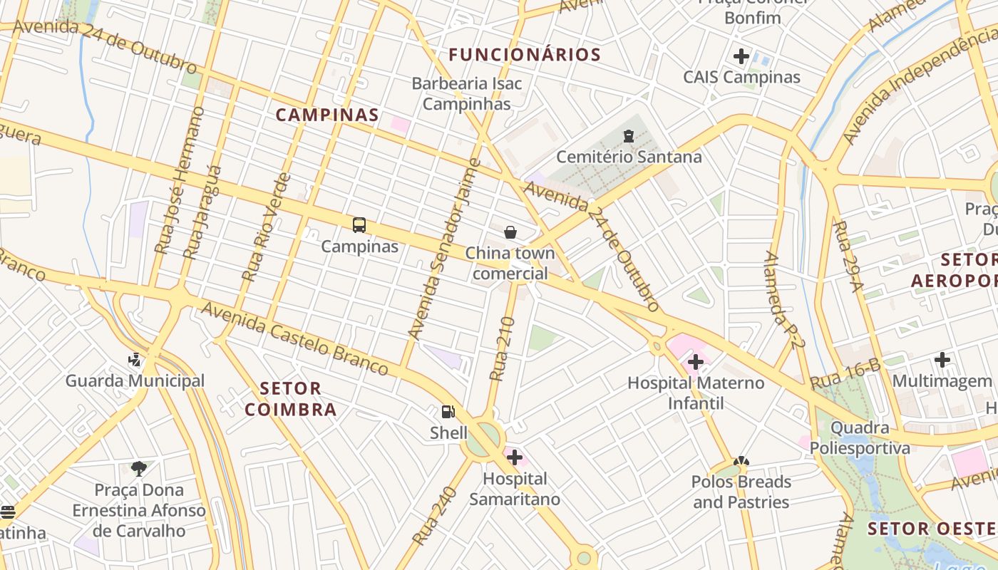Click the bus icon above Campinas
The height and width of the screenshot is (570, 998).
[359, 225]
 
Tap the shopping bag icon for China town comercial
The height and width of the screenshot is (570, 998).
[510, 232]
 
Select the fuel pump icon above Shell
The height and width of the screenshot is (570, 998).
[448, 412]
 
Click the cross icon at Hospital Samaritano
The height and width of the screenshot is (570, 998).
[514, 457]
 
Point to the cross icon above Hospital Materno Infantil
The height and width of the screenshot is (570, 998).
[695, 362]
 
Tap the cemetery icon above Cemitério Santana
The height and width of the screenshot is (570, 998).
[629, 135]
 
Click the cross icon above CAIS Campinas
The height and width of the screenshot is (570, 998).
[741, 56]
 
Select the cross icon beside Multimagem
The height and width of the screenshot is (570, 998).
[942, 360]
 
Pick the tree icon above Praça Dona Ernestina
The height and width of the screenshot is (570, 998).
[139, 468]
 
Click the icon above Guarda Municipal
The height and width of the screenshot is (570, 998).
[135, 360]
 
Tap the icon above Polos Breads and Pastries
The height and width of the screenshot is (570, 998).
[741, 462]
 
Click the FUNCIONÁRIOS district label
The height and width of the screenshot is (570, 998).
[525, 54]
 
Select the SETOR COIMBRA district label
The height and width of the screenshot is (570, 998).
[291, 399]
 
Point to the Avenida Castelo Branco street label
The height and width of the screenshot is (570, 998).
[294, 338]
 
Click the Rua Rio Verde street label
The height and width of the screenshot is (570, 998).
[267, 227]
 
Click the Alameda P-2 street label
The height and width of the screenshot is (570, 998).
[785, 299]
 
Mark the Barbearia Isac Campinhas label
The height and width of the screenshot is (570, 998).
[467, 93]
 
